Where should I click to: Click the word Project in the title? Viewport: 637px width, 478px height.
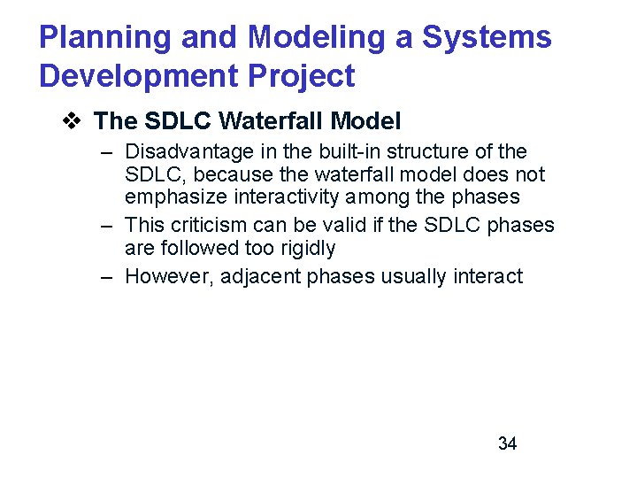click(x=300, y=76)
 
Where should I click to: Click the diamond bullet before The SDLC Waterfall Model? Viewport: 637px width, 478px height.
click(x=73, y=119)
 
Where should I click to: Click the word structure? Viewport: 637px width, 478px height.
click(x=432, y=151)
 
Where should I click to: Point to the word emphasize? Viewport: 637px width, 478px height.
click(x=173, y=197)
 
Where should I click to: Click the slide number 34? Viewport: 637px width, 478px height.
click(x=507, y=443)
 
